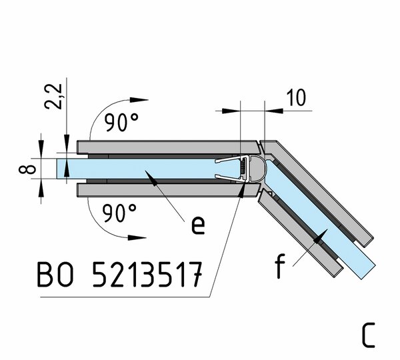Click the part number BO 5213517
pos(120,274)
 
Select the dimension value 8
pos(27,169)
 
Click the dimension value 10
pos(296,98)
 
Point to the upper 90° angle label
pos(121,123)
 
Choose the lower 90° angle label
pos(119,213)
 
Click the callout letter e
pos(198,225)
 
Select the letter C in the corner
pos(369,335)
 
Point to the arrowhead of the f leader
pos(321,236)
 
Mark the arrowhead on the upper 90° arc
pos(139,100)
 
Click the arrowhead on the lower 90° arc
pos(137,237)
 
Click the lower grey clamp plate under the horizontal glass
pos(169,190)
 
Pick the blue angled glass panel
pos(320,220)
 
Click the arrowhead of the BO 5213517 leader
pos(241,189)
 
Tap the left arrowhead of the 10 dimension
pos(231,111)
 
